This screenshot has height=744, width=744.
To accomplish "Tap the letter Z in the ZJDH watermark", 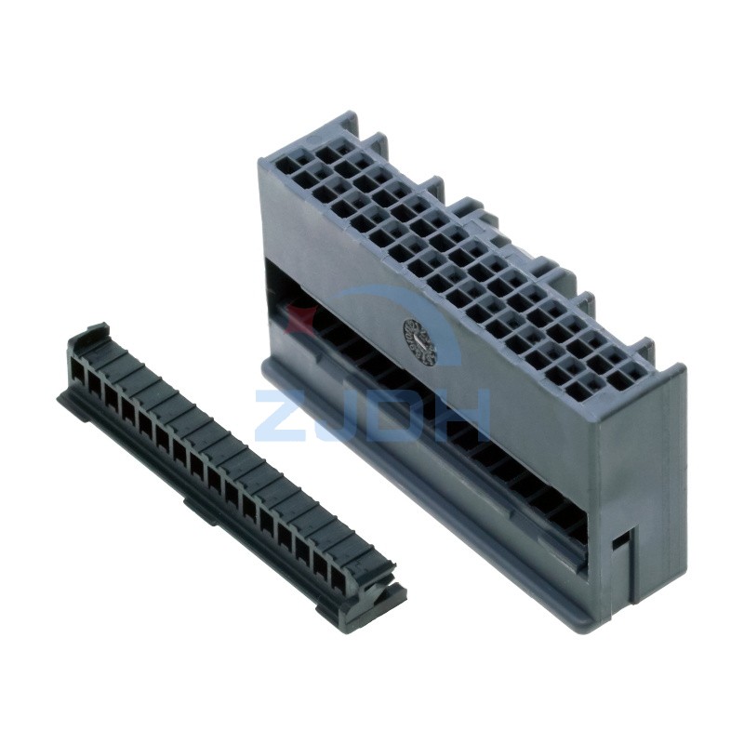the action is click(281, 414).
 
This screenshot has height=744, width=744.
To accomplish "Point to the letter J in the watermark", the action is click(337, 414).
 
